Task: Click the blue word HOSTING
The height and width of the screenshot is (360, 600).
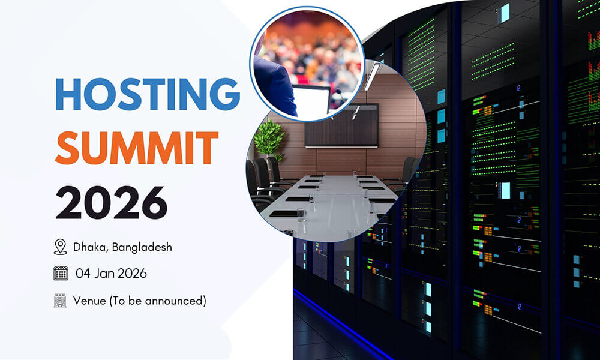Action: pyautogui.click(x=147, y=94)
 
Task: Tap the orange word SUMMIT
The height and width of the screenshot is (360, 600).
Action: pyautogui.click(x=136, y=148)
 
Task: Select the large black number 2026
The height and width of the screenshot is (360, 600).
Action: pyautogui.click(x=111, y=202)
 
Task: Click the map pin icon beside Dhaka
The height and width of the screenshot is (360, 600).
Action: pyautogui.click(x=60, y=247)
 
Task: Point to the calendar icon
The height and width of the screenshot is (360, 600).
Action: pyautogui.click(x=61, y=274)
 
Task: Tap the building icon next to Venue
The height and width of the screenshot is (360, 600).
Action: pyautogui.click(x=60, y=301)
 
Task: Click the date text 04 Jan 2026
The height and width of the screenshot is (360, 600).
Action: pyautogui.click(x=111, y=274)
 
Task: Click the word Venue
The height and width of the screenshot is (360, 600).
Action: pyautogui.click(x=88, y=301)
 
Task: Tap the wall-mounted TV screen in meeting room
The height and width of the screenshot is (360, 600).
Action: pyautogui.click(x=342, y=125)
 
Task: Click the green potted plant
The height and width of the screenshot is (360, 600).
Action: pyautogui.click(x=268, y=137)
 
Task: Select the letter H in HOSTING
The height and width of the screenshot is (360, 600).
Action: pyautogui.click(x=68, y=94)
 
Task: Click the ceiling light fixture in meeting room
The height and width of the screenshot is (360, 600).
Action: pyautogui.click(x=371, y=77)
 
